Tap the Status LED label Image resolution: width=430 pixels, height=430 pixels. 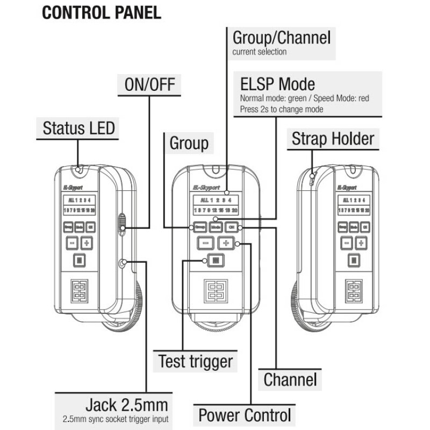(78, 128)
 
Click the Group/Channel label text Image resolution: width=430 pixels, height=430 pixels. (281, 38)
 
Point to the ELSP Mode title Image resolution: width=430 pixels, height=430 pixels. (277, 84)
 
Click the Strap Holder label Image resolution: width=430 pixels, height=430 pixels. (333, 139)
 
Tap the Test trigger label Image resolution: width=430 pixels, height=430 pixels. (195, 361)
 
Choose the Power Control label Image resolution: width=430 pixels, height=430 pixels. (245, 415)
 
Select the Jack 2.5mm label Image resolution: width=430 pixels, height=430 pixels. (127, 404)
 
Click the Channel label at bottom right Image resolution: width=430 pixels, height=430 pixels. (290, 379)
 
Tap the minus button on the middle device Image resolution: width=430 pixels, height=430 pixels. (204, 243)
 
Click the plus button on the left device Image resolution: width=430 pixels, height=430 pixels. (87, 243)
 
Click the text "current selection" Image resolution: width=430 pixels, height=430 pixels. (259, 52)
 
